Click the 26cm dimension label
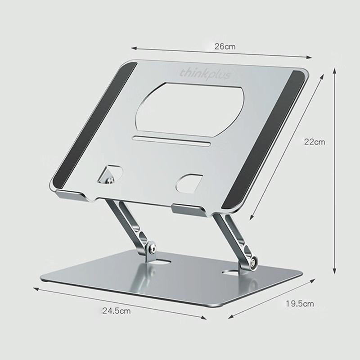[x=225, y=46]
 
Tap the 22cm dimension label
[x=314, y=142]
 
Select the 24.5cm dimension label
[x=116, y=310]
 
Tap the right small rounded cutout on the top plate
[x=189, y=182]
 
